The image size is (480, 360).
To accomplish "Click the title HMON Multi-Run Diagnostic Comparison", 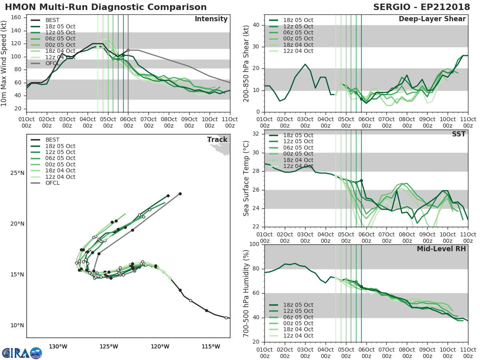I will (106, 7).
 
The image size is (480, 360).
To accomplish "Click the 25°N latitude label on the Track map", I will (17, 173).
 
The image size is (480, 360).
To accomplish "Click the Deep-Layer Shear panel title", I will (432, 19).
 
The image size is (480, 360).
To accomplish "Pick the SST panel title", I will (458, 134).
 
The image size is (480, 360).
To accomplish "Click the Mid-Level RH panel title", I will (441, 249).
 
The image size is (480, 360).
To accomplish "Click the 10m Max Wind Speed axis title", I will (4, 64).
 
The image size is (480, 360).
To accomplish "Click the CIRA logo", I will (22, 353).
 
